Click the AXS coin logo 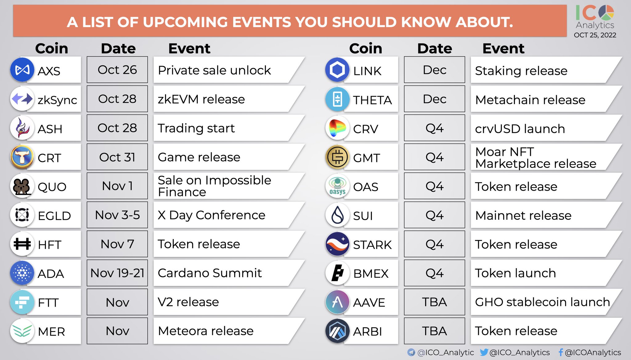point(22,70)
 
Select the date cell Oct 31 point(117,157)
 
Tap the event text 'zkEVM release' point(201,99)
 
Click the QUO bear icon point(22,186)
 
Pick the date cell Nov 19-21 point(117,273)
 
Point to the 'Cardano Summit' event point(210,273)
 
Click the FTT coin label point(48,303)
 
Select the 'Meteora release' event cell point(206,331)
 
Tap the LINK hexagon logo point(337,70)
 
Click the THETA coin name point(372,100)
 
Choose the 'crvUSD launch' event point(520,129)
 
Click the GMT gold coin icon point(337,157)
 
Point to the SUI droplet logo point(337,215)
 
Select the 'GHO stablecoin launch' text point(542,302)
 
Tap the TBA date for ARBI point(434,331)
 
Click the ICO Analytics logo point(595,17)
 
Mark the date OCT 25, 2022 point(595,35)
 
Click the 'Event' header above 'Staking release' point(503,48)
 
